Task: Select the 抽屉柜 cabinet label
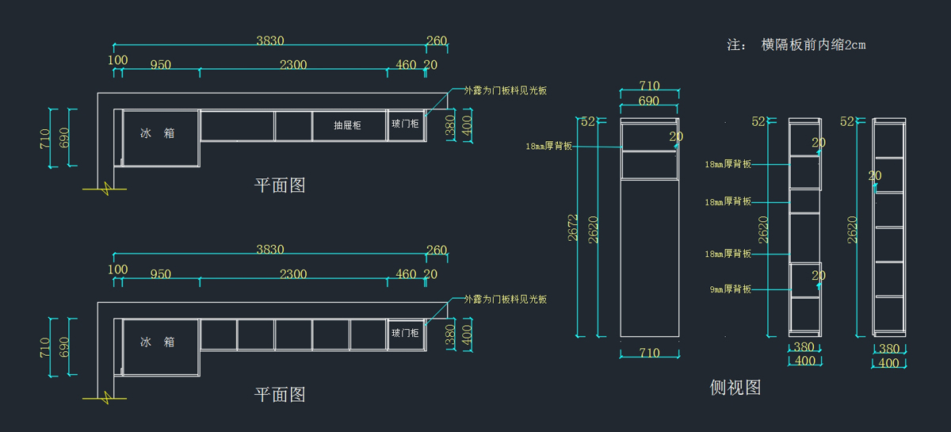pyautogui.click(x=347, y=125)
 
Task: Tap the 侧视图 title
pyautogui.click(x=735, y=388)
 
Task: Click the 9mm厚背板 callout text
pyautogui.click(x=730, y=289)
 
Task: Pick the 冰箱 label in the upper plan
pyautogui.click(x=158, y=134)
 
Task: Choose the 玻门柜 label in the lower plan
pyautogui.click(x=405, y=334)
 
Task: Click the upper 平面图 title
pyautogui.click(x=280, y=185)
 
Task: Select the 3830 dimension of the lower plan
pyautogui.click(x=270, y=250)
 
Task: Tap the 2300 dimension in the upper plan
pyautogui.click(x=293, y=65)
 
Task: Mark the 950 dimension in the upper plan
pyautogui.click(x=160, y=65)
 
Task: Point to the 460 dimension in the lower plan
pyautogui.click(x=406, y=274)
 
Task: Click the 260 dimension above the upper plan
pyautogui.click(x=436, y=41)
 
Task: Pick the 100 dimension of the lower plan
pyautogui.click(x=117, y=270)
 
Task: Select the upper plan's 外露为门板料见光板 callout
pyautogui.click(x=506, y=90)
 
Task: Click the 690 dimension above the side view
pyautogui.click(x=649, y=101)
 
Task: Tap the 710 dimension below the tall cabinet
pyautogui.click(x=649, y=353)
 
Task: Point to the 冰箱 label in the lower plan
pyautogui.click(x=158, y=342)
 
